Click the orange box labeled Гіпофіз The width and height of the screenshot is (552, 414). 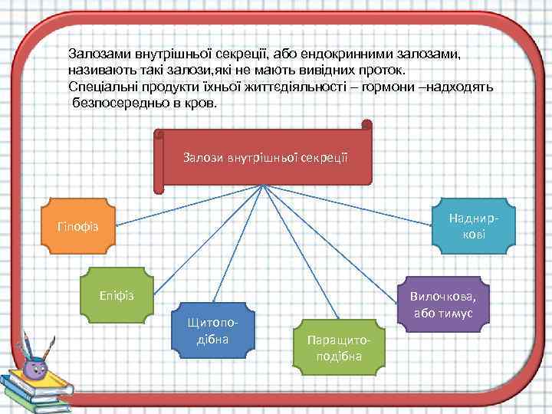coord(76,226)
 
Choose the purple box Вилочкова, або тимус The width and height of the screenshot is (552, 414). coord(442,304)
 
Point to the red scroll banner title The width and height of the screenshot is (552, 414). coord(265,158)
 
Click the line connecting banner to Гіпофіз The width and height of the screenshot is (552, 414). coord(184,206)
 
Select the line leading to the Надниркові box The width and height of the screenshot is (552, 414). coord(353,206)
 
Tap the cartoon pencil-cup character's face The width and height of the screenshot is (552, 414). coord(35,368)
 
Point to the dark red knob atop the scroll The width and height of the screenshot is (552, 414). coord(366,124)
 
